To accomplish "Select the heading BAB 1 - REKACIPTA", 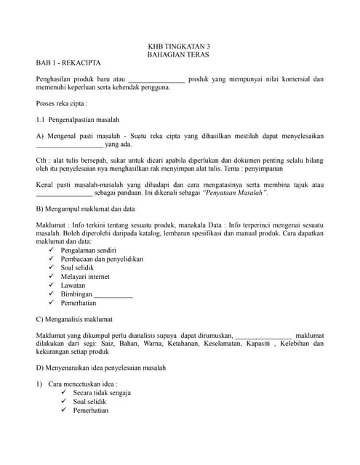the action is click(69, 64).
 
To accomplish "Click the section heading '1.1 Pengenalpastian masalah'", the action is click(77, 119).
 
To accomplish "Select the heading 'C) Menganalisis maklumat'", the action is click(76, 320).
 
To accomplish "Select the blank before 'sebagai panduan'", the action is click(64, 194).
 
